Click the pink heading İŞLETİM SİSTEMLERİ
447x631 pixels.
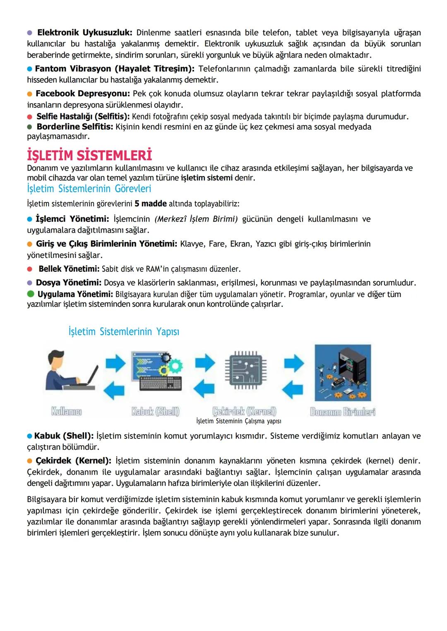(x=89, y=156)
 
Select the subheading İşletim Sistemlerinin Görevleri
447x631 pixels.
(x=89, y=189)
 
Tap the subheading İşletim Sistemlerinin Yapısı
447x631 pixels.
(x=124, y=332)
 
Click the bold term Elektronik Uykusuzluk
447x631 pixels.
(x=84, y=33)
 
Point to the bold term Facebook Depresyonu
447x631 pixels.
(x=83, y=94)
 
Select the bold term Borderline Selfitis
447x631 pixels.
(x=74, y=127)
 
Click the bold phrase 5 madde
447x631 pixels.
(x=151, y=204)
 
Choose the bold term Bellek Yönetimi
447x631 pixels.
(x=69, y=269)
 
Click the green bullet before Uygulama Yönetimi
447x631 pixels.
(x=31, y=294)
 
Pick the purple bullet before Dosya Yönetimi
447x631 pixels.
(x=29, y=283)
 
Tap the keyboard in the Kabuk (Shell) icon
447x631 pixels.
(x=161, y=383)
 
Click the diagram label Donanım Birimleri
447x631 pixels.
(x=343, y=412)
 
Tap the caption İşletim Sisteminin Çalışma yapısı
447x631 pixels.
(x=239, y=421)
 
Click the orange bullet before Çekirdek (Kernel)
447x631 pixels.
(x=29, y=461)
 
